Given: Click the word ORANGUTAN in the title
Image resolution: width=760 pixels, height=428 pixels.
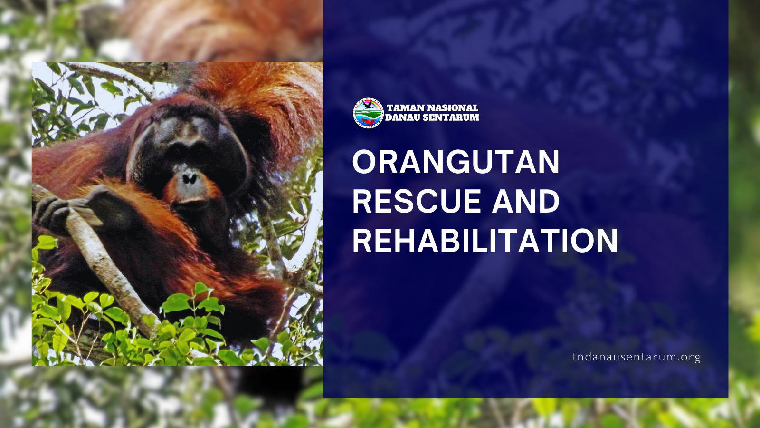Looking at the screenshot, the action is point(456,162).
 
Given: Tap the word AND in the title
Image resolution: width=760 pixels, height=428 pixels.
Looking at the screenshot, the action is point(525,201).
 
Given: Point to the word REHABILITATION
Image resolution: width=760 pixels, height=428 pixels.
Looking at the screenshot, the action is point(485,241).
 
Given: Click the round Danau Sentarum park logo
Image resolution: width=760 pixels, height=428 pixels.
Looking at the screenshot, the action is point(368,113).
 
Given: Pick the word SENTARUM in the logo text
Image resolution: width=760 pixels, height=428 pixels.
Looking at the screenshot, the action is point(449,117).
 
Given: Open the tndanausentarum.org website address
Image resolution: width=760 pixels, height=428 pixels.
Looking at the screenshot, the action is point(636,357).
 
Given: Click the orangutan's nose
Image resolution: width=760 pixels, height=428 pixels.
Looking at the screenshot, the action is point(189,178).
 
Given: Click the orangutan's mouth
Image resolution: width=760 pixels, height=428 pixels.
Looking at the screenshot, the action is point(190,200).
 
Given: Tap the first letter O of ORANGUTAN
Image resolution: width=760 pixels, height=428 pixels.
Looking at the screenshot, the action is point(364,162).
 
